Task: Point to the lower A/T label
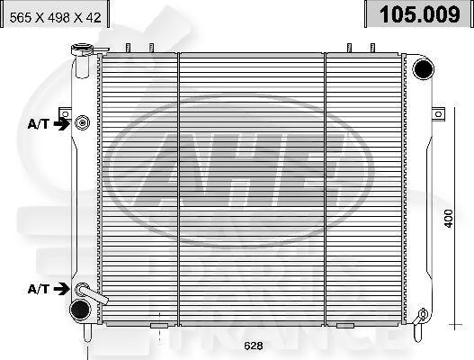click(39, 288)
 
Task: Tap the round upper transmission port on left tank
click(83, 122)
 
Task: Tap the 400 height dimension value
click(447, 219)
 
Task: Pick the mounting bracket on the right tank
click(438, 113)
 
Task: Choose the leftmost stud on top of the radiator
click(129, 48)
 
